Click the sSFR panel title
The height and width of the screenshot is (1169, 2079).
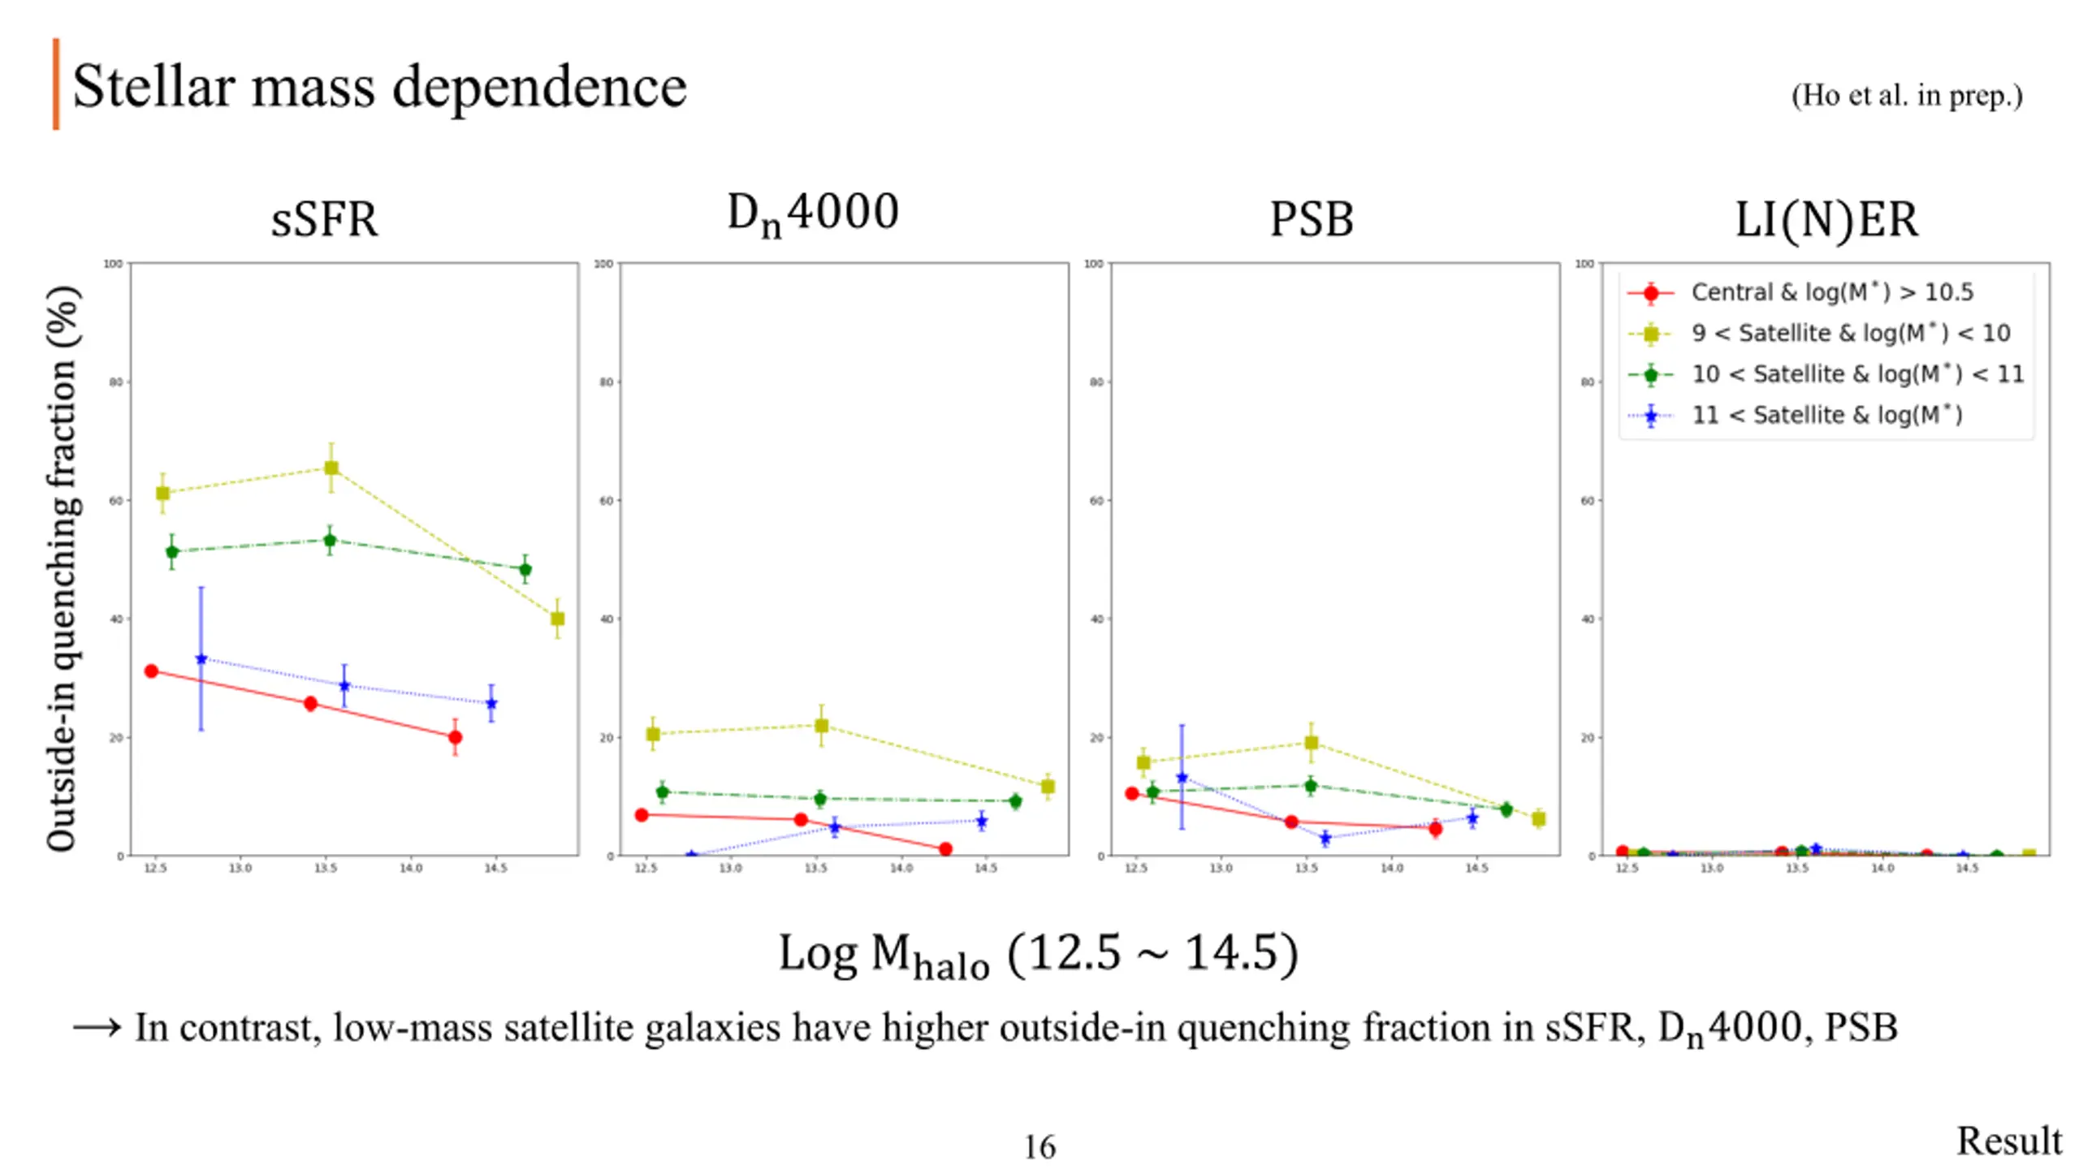point(324,219)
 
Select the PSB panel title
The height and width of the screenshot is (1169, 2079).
point(1311,219)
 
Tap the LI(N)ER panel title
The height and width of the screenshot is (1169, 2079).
point(1826,219)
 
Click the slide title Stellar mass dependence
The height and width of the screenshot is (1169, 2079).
point(379,86)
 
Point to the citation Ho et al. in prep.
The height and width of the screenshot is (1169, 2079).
point(1906,96)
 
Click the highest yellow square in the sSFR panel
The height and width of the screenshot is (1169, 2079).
point(331,468)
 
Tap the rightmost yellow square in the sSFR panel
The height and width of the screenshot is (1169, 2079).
point(557,619)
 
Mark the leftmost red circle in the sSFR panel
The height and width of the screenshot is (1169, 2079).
point(151,671)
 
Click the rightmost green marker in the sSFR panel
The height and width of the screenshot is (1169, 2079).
point(525,569)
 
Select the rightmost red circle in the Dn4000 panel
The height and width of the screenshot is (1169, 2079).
point(944,849)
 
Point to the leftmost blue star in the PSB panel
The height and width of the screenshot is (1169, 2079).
point(1182,778)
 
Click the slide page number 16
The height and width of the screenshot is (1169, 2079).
point(1039,1147)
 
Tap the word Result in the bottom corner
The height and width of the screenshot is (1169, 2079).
point(2008,1141)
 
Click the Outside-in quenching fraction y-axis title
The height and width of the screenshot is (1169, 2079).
point(63,568)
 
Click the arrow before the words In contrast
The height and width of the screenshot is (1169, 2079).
point(97,1028)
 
